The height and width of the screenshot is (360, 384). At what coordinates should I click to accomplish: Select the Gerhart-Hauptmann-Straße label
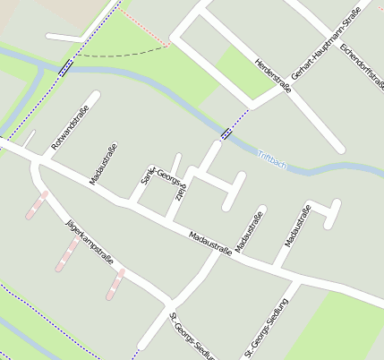[x=320, y=53]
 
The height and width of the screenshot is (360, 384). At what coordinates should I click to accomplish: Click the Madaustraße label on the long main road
[x=209, y=243]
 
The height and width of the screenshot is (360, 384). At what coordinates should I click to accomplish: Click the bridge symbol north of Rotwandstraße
[x=65, y=65]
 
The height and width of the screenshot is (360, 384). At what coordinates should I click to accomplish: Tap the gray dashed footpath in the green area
[x=125, y=52]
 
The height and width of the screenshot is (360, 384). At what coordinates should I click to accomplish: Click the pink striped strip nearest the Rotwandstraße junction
[x=37, y=206]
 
